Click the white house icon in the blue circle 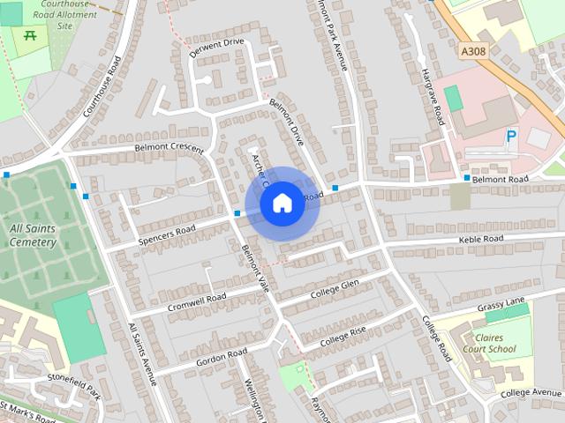click(282, 203)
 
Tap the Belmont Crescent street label click(169, 147)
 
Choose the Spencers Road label click(167, 235)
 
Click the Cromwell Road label click(198, 300)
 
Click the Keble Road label click(480, 239)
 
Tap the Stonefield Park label click(74, 381)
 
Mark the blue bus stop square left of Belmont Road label click(467, 178)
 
